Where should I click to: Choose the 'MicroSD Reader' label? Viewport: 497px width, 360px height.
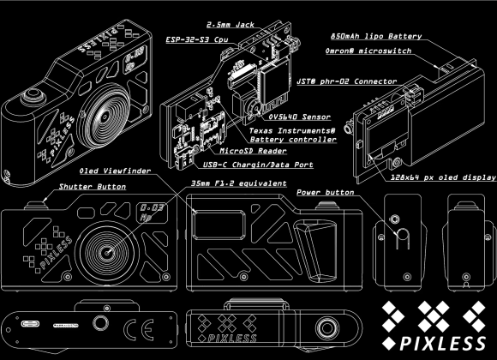point(231,150)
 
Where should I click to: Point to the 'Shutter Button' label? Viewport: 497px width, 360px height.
point(93,185)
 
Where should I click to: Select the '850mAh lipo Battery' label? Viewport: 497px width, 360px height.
point(375,37)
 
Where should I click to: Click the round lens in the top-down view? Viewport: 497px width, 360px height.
point(326,327)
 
